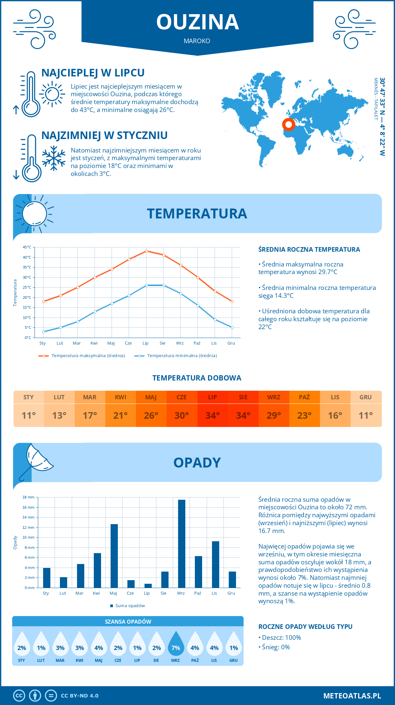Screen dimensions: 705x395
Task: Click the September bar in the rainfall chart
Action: coord(182,544)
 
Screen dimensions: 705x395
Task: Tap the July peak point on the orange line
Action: coord(146,251)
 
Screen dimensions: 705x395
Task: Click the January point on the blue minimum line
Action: coord(43,332)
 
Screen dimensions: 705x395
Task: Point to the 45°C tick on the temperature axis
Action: coord(27,247)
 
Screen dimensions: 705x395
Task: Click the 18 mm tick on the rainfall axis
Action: coord(28,497)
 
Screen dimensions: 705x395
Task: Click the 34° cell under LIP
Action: coord(212,415)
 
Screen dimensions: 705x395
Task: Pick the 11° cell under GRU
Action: coord(366,415)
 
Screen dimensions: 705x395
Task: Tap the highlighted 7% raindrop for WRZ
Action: coord(176,644)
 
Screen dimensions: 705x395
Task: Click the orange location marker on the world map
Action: coord(289,125)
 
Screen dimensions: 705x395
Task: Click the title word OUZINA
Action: coord(197,22)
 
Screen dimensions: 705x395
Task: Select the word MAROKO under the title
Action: coord(197,41)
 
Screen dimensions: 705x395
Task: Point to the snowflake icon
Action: coord(54,158)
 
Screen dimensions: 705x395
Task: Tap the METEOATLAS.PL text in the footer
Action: coord(352,696)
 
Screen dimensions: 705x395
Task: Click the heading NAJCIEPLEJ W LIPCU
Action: coord(93,73)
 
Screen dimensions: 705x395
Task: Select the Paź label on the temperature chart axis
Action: coord(197,343)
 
